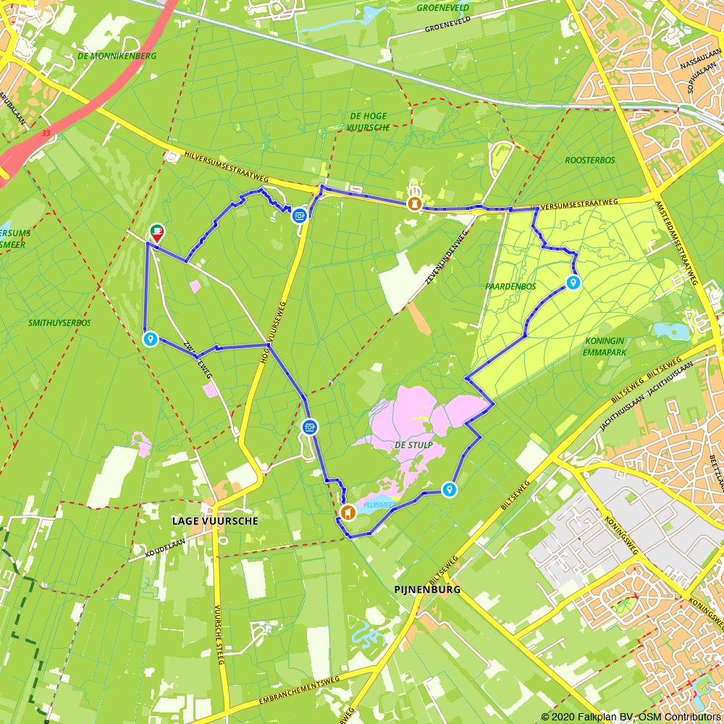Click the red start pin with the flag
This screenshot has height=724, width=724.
pyautogui.click(x=156, y=232)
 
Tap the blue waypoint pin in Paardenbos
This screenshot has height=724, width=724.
pyautogui.click(x=573, y=282)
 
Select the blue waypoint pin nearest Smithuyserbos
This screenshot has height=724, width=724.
pyautogui.click(x=151, y=338)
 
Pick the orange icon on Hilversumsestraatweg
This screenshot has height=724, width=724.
pyautogui.click(x=414, y=203)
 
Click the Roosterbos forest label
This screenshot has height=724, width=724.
pyautogui.click(x=590, y=160)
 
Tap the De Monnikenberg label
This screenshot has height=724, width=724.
pyautogui.click(x=107, y=56)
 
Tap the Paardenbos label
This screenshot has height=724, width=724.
pyautogui.click(x=510, y=287)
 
